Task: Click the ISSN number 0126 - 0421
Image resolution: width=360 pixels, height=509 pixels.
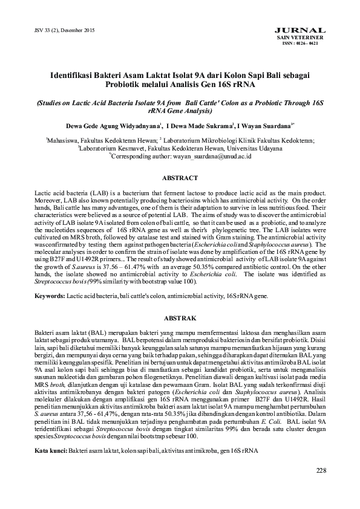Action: (x=309, y=44)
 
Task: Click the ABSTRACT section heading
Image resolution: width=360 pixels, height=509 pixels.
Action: (x=180, y=178)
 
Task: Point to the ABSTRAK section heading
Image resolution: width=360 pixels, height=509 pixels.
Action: (x=180, y=317)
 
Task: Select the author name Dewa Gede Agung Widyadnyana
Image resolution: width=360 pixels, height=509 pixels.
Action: (x=113, y=128)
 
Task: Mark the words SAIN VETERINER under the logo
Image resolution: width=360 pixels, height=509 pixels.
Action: (x=309, y=37)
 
